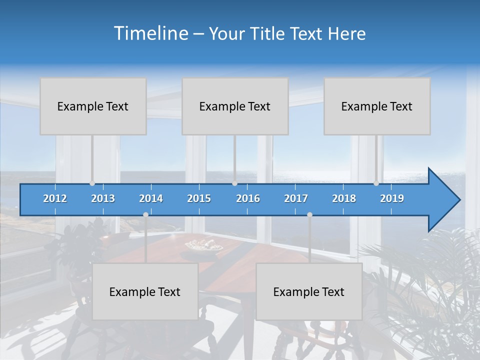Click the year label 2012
pos(55,198)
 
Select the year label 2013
pos(103,198)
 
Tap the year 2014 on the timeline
pos(151,198)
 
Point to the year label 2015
pos(199,198)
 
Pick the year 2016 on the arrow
pos(248,198)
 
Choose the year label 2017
pos(296,198)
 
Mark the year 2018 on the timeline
pos(344,198)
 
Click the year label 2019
pos(392,198)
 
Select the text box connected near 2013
pos(93,106)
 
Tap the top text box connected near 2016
pos(235,106)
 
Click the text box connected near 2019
pos(377,106)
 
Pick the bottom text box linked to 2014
pos(145,291)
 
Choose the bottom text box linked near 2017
pos(309,291)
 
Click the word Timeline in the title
pos(150,33)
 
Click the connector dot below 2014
pos(145,214)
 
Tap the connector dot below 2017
pos(309,214)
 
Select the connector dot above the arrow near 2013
pos(92,183)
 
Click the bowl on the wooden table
pos(204,245)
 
